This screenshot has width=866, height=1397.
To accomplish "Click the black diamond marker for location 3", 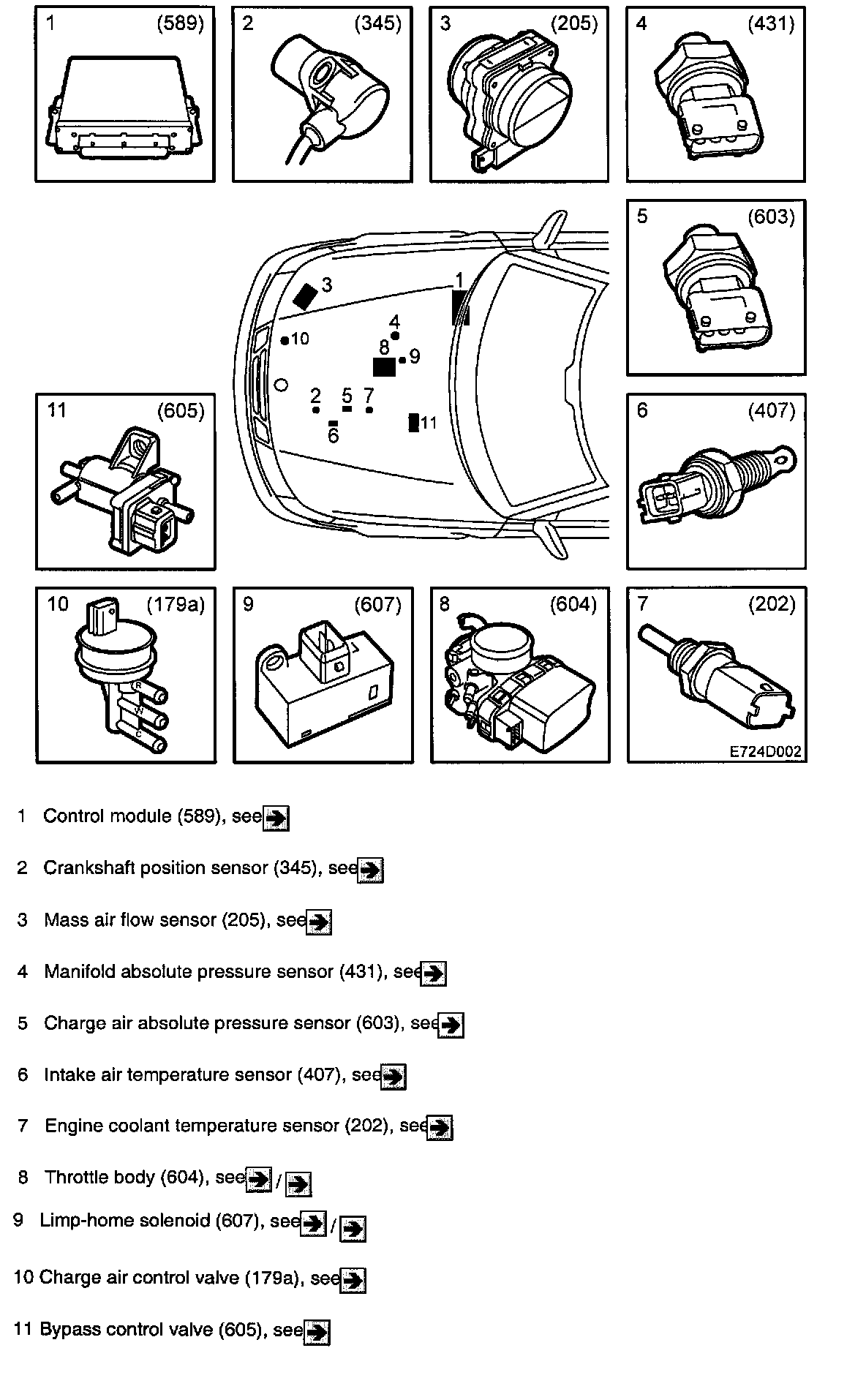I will (305, 295).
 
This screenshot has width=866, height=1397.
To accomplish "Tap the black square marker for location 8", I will (384, 366).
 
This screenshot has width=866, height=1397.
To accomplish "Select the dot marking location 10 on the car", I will (285, 340).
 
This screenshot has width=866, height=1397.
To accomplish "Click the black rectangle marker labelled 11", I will (414, 423).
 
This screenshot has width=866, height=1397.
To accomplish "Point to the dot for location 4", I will (395, 336).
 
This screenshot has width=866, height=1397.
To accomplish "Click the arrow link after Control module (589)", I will (276, 818).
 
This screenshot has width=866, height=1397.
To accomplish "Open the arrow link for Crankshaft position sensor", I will (371, 870).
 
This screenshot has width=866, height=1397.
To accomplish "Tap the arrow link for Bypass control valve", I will (317, 1333).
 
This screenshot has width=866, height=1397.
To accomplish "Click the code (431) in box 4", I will (771, 24).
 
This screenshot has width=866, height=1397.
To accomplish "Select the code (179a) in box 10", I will (176, 604).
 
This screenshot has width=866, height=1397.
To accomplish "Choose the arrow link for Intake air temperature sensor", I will (394, 1077).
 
